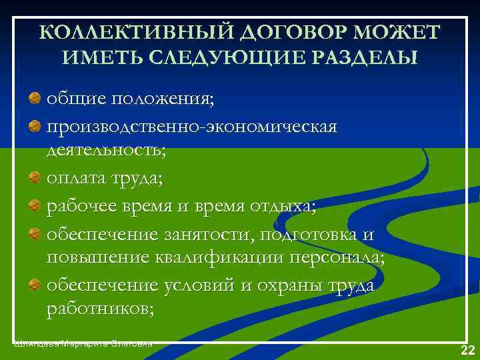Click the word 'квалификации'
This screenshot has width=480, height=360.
216,259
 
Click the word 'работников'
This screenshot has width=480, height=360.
100,309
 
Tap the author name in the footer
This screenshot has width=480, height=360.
83,343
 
